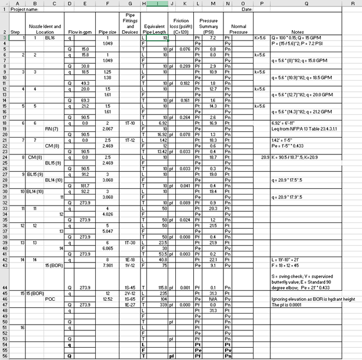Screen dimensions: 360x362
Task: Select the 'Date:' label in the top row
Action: pos(247,9)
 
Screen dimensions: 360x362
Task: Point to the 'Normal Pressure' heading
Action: pos(238,28)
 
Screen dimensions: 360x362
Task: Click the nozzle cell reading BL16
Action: pos(49,38)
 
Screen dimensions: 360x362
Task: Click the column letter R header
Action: pos(352,3)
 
